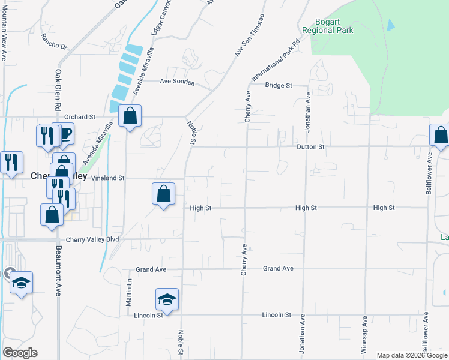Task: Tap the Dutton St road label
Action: coord(310,146)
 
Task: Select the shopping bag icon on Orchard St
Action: coord(130,116)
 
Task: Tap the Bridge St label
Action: coord(279,86)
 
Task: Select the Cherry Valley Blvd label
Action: coord(92,239)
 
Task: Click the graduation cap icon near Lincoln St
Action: coord(167,300)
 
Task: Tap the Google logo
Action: coord(20,353)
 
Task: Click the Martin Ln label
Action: coord(129,292)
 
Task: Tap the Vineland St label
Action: coord(107,178)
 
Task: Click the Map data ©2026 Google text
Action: coord(411,355)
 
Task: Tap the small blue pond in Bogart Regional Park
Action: coord(391,25)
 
